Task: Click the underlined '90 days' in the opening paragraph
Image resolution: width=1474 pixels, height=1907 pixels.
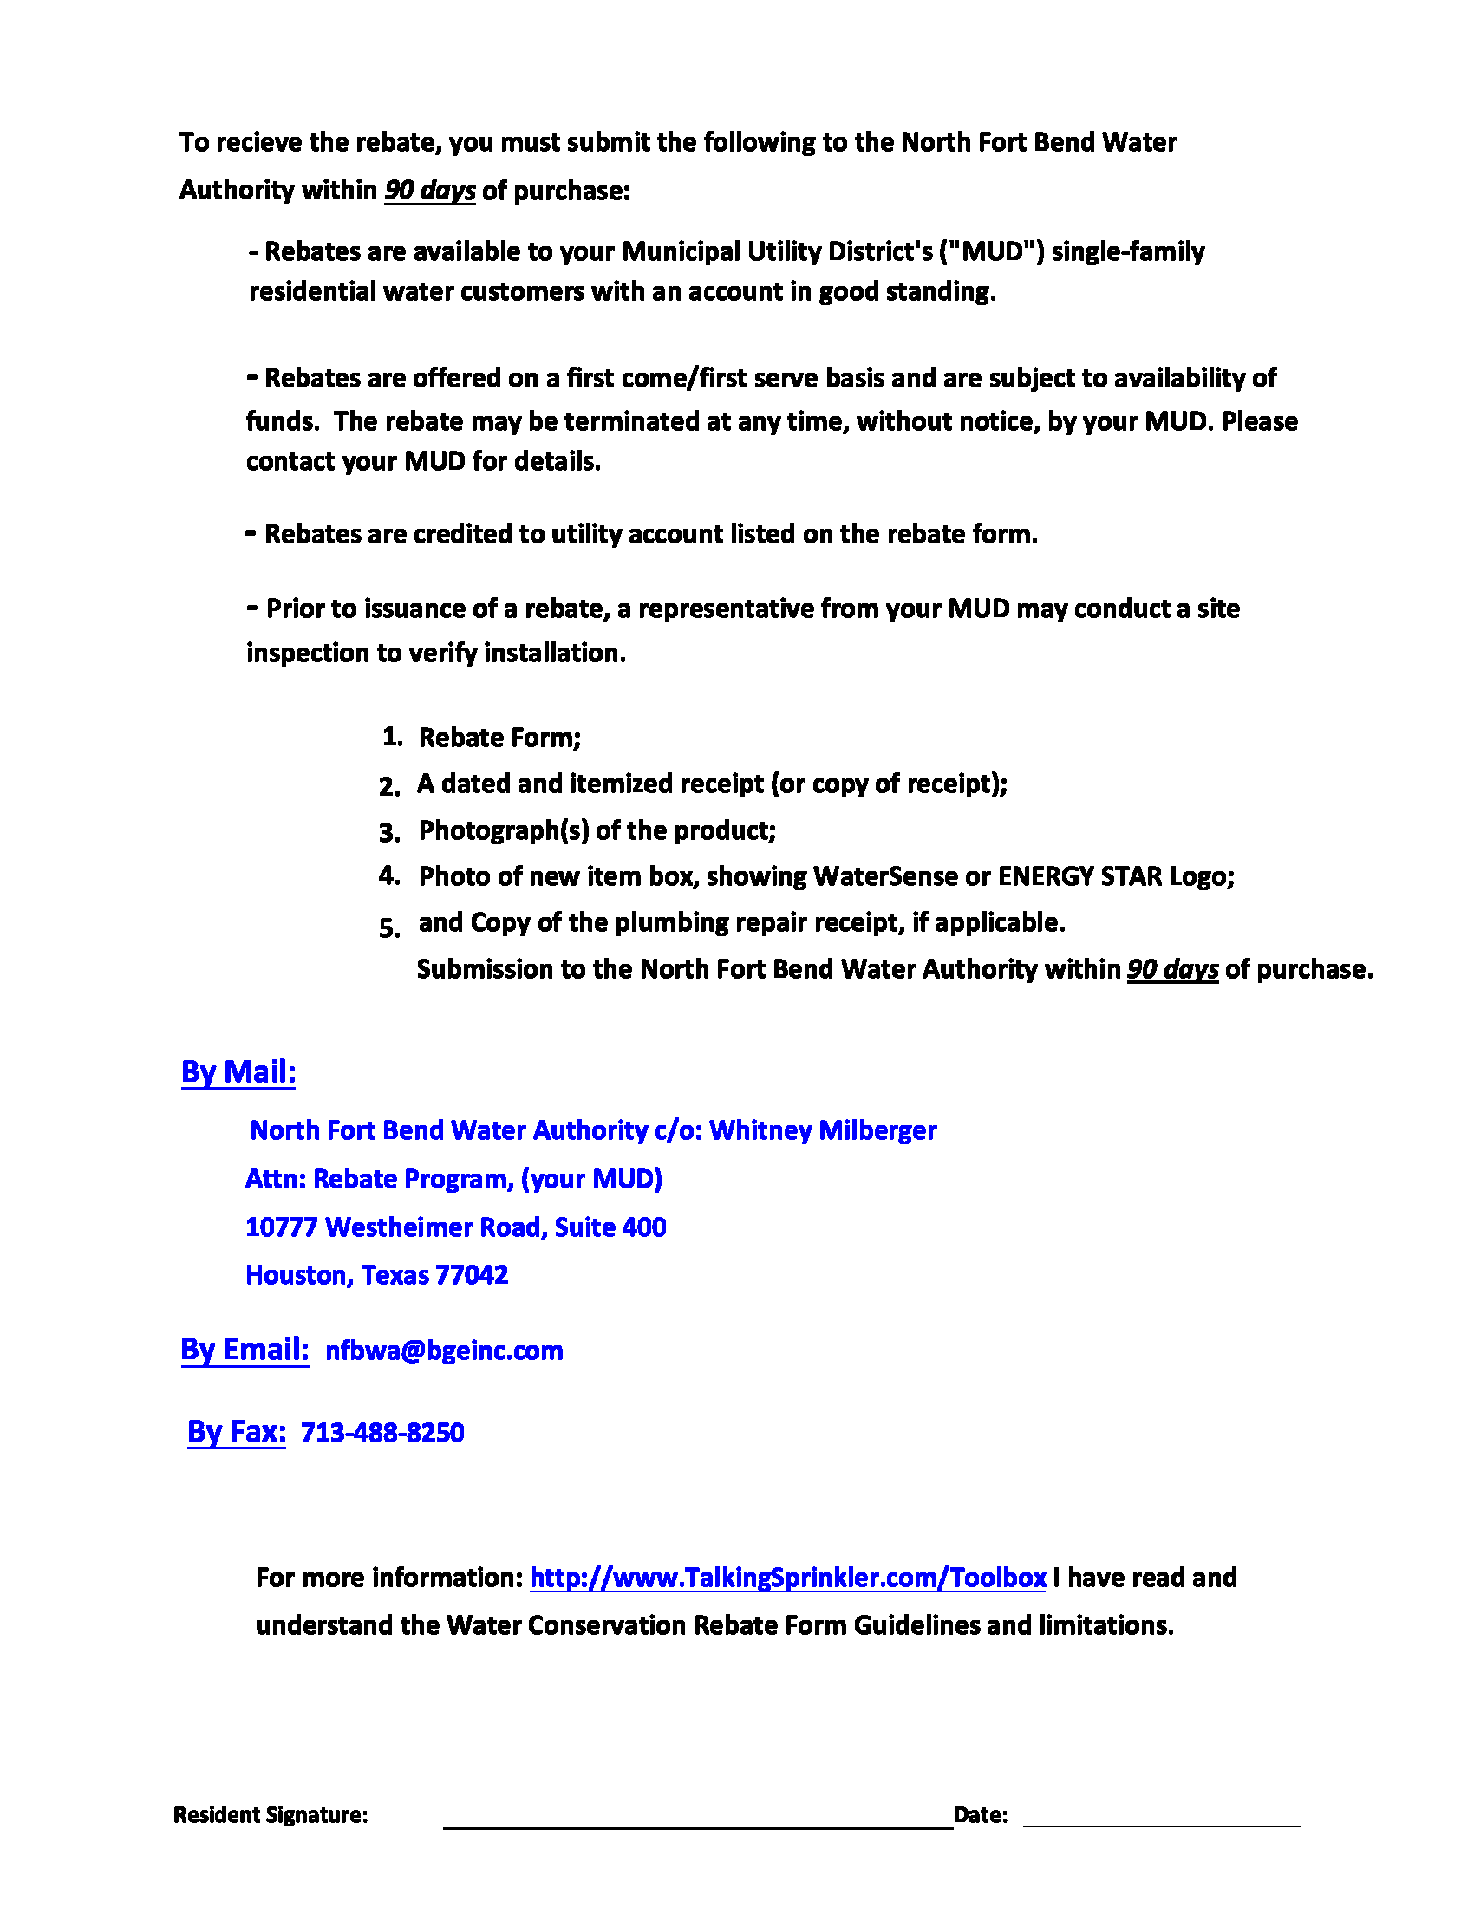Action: tap(429, 191)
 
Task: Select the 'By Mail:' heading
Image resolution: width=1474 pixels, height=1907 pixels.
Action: tap(238, 1071)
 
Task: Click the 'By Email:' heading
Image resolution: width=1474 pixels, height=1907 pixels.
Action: tap(245, 1349)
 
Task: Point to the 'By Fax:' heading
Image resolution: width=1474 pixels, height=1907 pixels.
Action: tap(237, 1431)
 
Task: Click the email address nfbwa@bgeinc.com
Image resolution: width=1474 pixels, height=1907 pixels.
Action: tap(444, 1351)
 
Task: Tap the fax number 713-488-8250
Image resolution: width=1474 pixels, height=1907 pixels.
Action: tap(382, 1433)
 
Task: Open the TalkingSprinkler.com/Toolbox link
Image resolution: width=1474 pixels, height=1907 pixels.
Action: tap(787, 1578)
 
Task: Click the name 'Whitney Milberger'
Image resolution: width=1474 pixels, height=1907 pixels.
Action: tap(823, 1130)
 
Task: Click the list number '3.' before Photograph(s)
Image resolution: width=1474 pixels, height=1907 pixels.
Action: tap(389, 832)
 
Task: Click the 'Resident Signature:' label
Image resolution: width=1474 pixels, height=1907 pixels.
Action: tap(271, 1814)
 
